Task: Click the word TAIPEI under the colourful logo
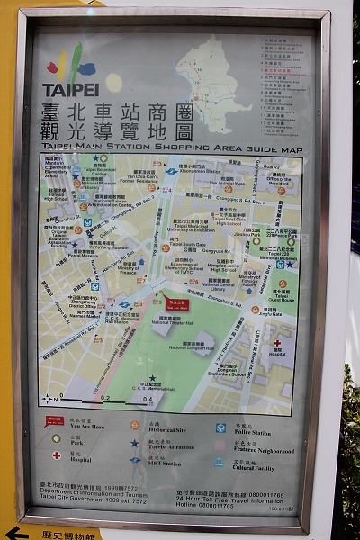pyautogui.click(x=71, y=90)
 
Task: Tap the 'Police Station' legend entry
pyautogui.click(x=250, y=433)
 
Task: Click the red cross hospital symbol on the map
pyautogui.click(x=277, y=342)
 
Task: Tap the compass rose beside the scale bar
pyautogui.click(x=49, y=397)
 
